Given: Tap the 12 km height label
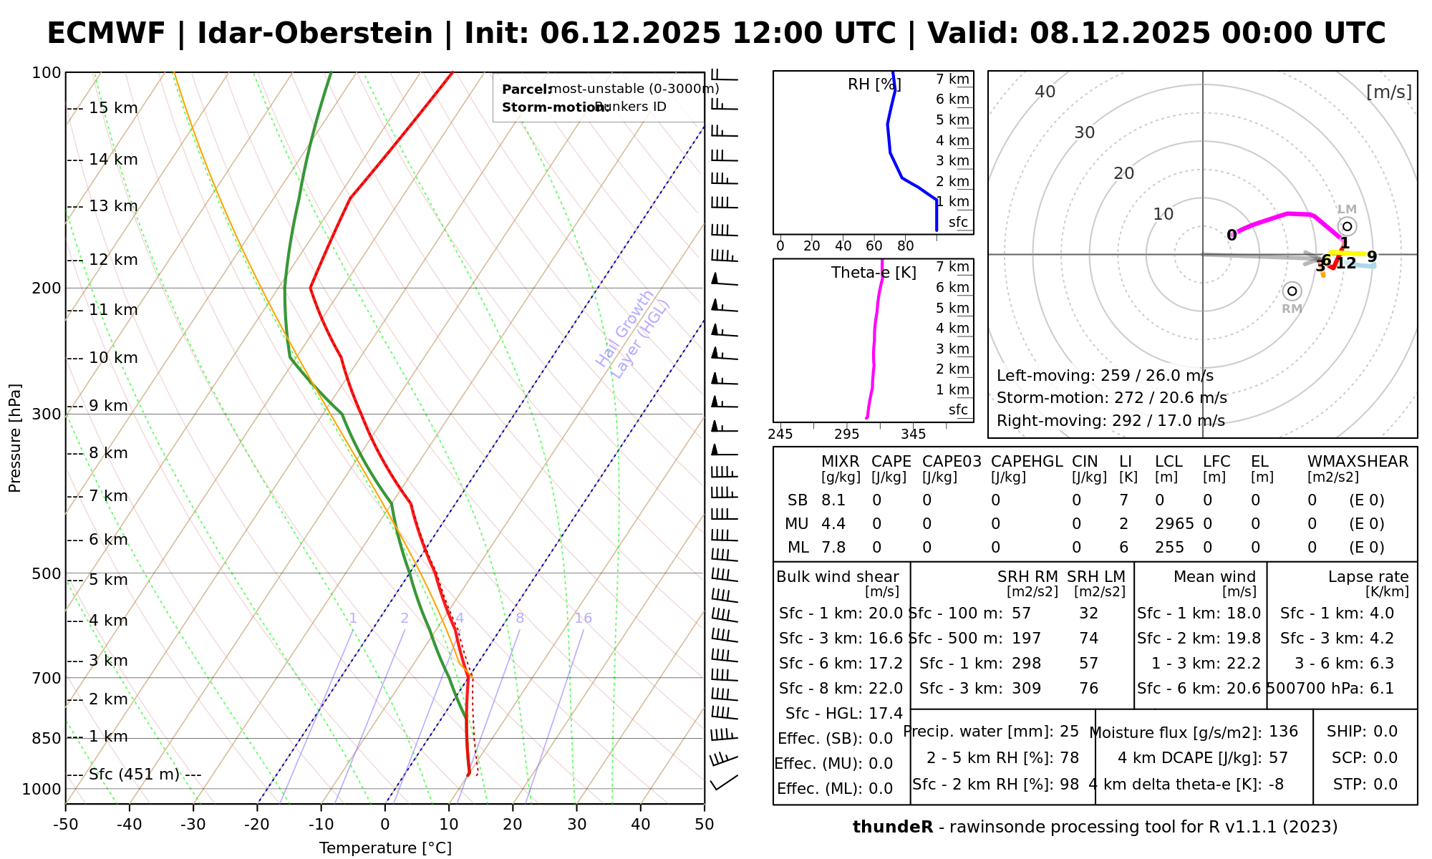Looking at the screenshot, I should [x=113, y=260].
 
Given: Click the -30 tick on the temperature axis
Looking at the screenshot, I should [x=193, y=825].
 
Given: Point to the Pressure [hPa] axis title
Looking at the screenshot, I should [x=15, y=438].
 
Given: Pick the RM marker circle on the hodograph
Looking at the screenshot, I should [x=1292, y=291].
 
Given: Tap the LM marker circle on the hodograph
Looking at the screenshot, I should [x=1347, y=227].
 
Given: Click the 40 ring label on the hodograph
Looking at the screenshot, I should [x=1045, y=92].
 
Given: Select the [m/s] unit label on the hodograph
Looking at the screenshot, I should [x=1389, y=92].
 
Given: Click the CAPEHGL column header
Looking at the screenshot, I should [x=1027, y=462].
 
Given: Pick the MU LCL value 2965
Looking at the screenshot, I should [x=1174, y=524].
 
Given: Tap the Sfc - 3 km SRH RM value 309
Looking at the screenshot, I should [x=1026, y=689].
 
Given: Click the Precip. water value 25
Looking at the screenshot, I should [x=1069, y=732].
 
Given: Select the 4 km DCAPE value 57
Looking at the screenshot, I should [x=1278, y=758].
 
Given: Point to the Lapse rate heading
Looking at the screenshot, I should [x=1368, y=577].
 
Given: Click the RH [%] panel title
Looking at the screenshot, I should [x=874, y=84].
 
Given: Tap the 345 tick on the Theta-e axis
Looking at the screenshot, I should [x=913, y=435].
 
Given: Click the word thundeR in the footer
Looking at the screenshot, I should [x=892, y=828].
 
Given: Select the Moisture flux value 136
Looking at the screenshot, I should [x=1283, y=732].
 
